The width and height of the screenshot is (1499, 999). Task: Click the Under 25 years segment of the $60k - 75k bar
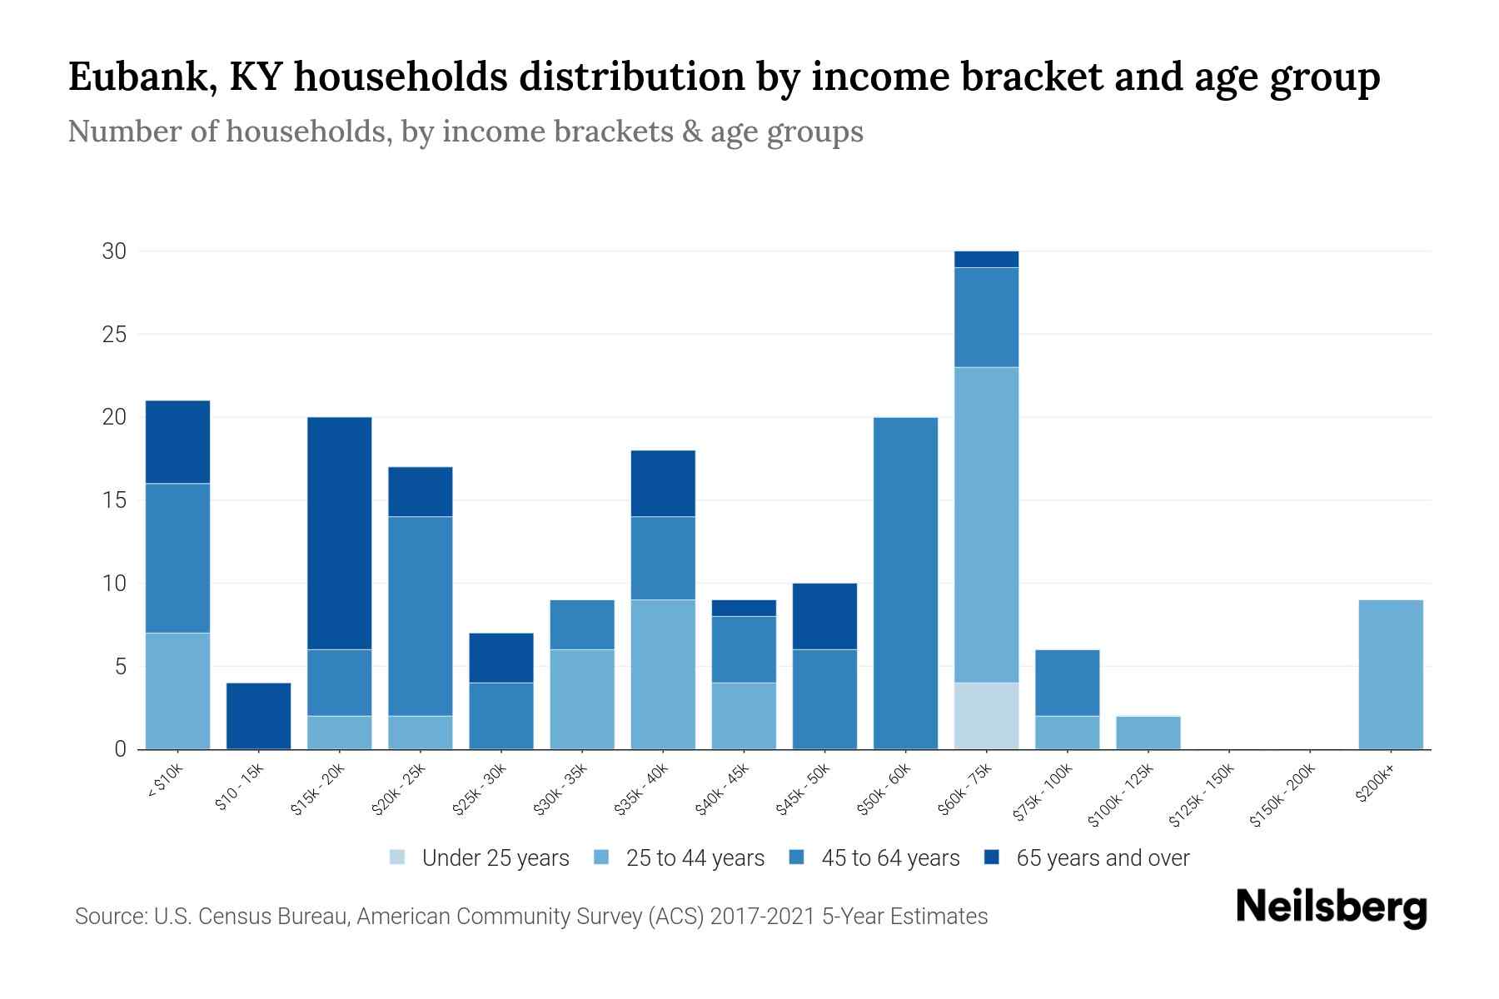point(986,716)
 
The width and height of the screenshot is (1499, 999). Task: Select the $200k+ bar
point(1391,674)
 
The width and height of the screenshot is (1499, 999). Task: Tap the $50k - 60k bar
point(905,583)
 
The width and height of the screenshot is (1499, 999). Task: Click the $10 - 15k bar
point(258,716)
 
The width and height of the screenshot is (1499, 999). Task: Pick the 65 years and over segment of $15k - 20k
point(339,533)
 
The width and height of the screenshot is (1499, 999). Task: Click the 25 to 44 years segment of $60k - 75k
point(986,524)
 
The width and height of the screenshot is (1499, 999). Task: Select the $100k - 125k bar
point(1148,733)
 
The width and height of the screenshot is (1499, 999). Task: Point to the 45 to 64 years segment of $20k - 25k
point(420,616)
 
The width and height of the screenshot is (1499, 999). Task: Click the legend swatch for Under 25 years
point(397,857)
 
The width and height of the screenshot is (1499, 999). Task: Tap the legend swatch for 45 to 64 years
point(797,857)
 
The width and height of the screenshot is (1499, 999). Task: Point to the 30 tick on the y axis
point(114,251)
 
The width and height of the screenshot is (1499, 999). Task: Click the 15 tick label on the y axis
point(114,500)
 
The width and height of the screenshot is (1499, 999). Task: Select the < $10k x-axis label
point(165,783)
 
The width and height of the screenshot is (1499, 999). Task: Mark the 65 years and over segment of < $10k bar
point(177,441)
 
